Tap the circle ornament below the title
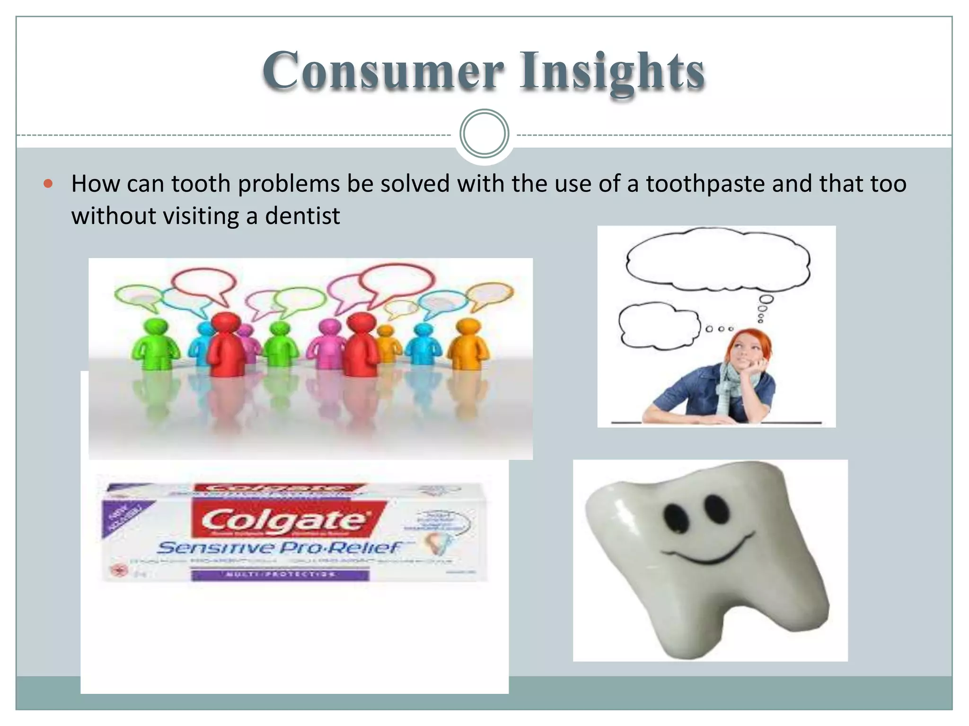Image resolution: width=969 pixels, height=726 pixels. (x=484, y=133)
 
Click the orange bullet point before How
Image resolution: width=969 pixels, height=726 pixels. (x=48, y=184)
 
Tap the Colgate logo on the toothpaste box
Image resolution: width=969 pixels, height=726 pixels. (x=284, y=520)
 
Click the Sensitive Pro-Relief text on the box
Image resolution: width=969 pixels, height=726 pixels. (x=279, y=547)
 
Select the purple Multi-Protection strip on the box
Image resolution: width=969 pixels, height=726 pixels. (x=279, y=574)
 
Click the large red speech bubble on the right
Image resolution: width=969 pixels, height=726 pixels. (x=397, y=281)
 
